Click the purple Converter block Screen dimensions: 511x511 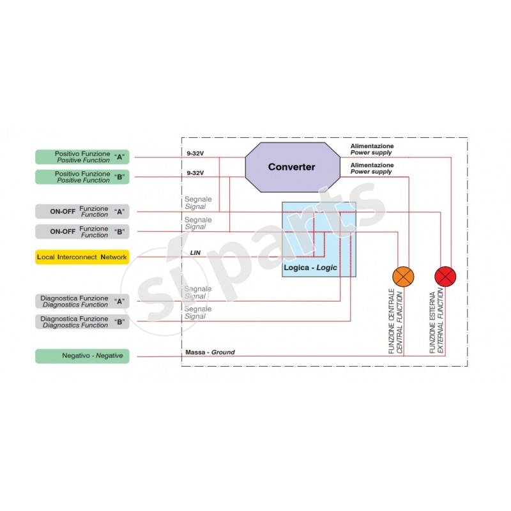pyautogui.click(x=291, y=167)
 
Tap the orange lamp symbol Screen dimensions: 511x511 pyautogui.click(x=403, y=276)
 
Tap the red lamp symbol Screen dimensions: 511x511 pyautogui.click(x=445, y=276)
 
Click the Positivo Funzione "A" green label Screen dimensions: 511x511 pyautogui.click(x=82, y=157)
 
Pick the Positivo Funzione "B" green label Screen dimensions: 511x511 pyautogui.click(x=82, y=177)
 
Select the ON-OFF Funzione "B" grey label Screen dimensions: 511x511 pyautogui.click(x=82, y=231)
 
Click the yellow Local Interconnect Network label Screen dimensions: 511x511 pyautogui.click(x=82, y=257)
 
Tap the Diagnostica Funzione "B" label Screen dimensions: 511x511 pyautogui.click(x=82, y=321)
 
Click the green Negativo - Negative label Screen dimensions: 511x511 pyautogui.click(x=82, y=356)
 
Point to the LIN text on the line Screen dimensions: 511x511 pyautogui.click(x=195, y=253)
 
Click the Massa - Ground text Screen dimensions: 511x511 pyautogui.click(x=210, y=352)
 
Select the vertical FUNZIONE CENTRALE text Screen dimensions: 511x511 pyautogui.click(x=395, y=322)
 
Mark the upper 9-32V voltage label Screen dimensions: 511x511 pyautogui.click(x=195, y=153)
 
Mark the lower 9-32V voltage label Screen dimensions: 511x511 pyautogui.click(x=195, y=173)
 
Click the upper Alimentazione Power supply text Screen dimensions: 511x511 pyautogui.click(x=372, y=149)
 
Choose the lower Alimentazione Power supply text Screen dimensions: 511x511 pyautogui.click(x=372, y=169)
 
